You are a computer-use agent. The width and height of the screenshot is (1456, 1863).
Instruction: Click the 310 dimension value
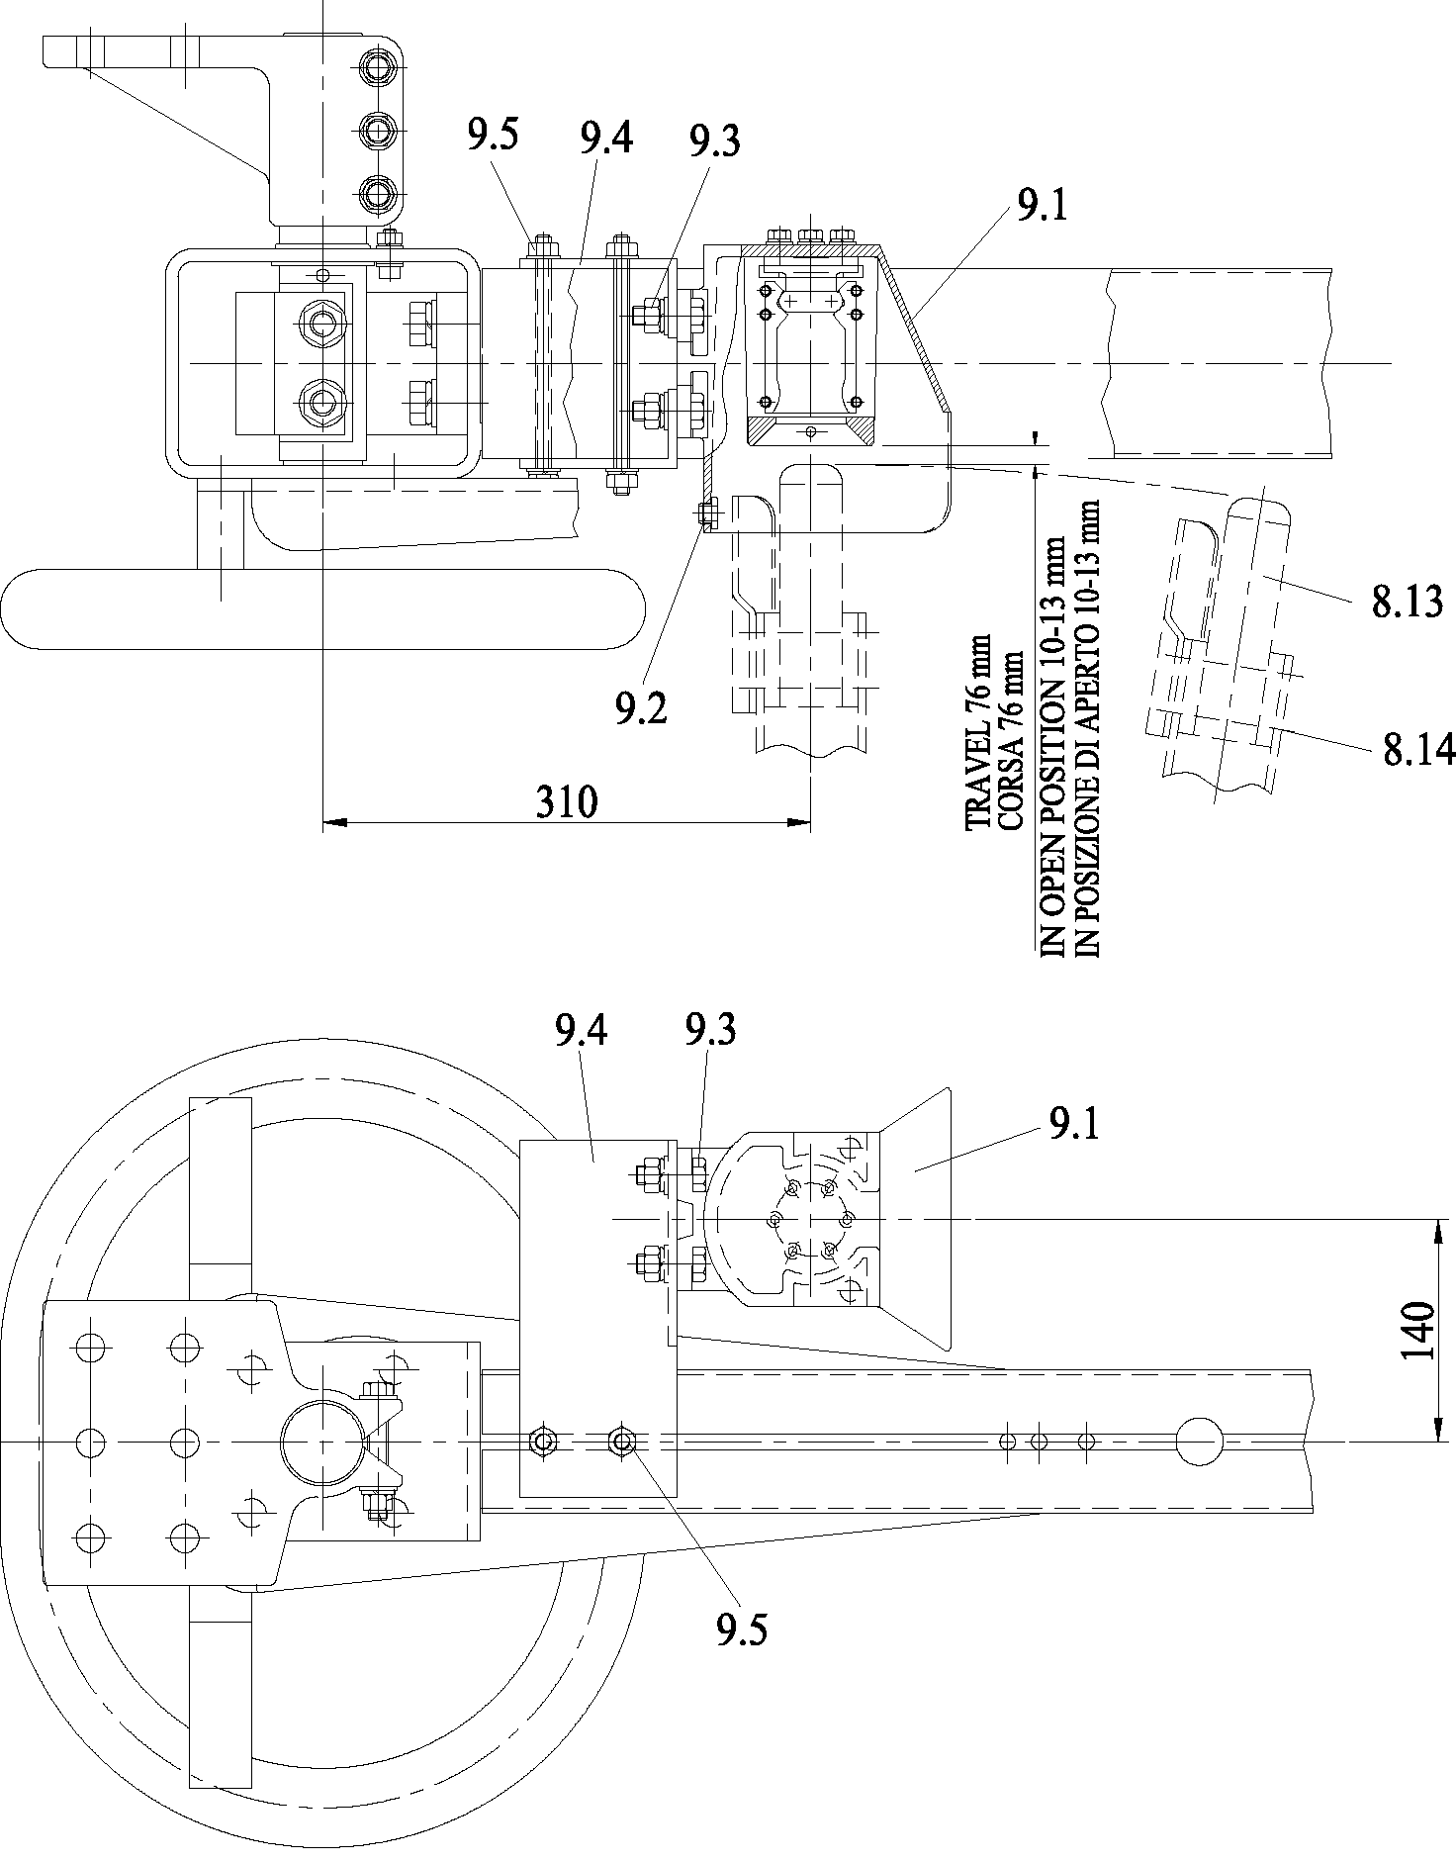point(567,801)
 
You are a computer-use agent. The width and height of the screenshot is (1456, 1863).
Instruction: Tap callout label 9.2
point(640,707)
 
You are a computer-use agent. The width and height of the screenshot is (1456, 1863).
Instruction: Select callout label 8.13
point(1407,602)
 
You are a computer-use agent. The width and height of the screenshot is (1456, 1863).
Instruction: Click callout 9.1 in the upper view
point(1042,205)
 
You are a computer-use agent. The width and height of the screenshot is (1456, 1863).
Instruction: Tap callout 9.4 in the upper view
point(606,140)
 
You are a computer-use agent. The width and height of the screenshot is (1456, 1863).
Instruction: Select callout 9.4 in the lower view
point(582,1032)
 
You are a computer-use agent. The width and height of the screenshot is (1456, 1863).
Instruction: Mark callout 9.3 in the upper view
point(714,142)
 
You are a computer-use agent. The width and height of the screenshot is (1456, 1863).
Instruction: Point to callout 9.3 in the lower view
point(709,1032)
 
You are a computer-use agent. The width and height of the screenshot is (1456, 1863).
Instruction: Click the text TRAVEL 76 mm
point(977,731)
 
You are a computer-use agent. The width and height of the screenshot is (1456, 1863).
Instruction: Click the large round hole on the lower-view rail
point(1199,1442)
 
